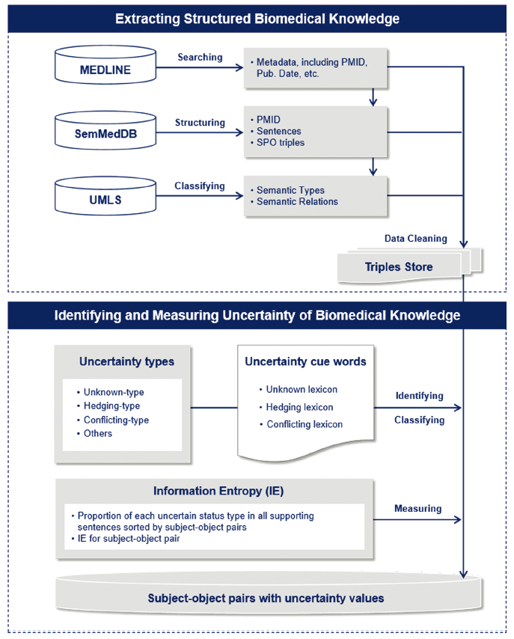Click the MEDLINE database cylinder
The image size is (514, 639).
point(105,65)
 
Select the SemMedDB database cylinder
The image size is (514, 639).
point(105,130)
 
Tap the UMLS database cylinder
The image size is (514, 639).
point(105,195)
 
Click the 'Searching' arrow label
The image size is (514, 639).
point(200,58)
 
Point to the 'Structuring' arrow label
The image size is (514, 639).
point(200,123)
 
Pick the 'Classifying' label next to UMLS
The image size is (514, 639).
point(200,186)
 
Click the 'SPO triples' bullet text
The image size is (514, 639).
point(281,143)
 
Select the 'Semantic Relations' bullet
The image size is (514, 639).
point(297,201)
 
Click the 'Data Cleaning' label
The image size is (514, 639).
point(416,239)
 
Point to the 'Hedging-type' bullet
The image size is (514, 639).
point(111,406)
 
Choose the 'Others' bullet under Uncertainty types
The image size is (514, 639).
point(98,433)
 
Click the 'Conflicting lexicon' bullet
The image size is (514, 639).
point(305,424)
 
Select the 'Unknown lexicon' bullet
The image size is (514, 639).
point(302,389)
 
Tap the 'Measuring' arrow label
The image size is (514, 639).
point(417,509)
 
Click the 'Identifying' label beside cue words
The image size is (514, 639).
point(420,396)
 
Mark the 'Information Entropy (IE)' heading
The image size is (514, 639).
point(218,491)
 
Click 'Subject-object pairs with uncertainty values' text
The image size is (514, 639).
point(266,599)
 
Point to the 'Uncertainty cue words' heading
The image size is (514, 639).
point(305,361)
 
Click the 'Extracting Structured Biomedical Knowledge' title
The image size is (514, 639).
point(257,19)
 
